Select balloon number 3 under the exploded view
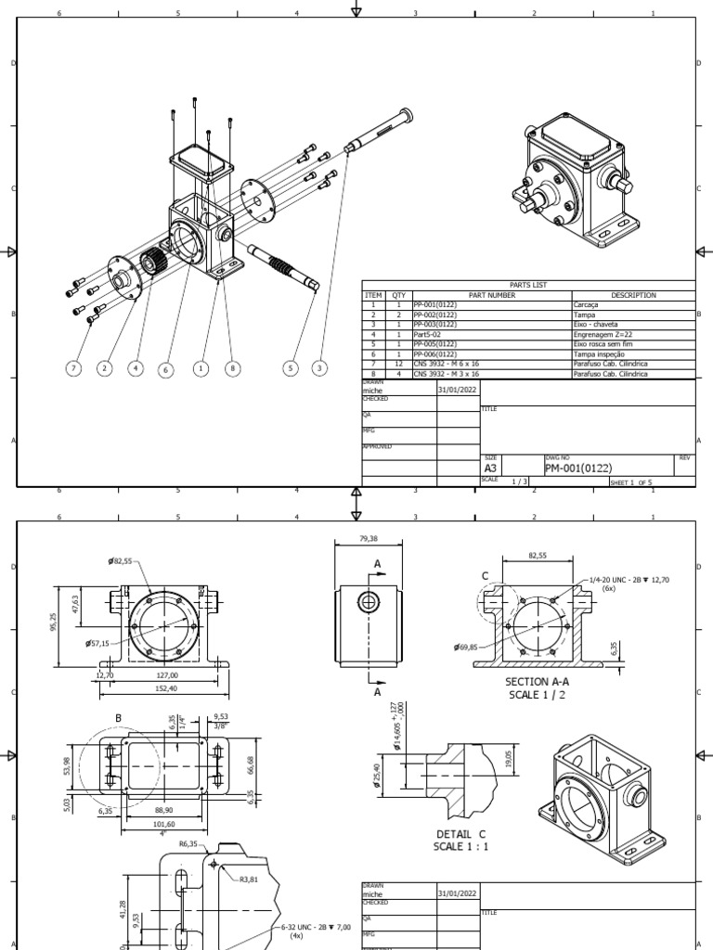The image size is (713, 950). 320,368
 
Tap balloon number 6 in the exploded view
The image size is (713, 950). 166,369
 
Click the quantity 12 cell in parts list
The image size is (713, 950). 398,364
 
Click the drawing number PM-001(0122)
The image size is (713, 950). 577,468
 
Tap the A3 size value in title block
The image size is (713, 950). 492,469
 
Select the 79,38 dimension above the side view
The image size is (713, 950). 369,539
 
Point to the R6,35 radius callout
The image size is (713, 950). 188,844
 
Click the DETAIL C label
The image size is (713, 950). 461,833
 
